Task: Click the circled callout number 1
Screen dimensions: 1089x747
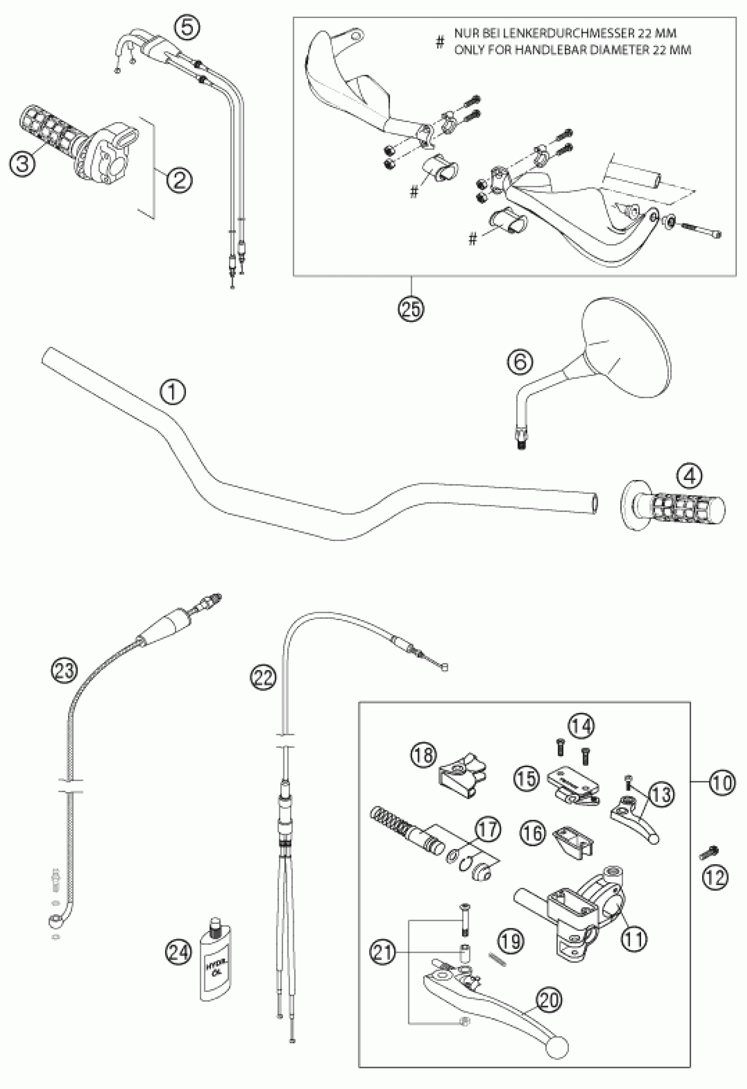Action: pyautogui.click(x=172, y=392)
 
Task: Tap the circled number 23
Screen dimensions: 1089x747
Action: pyautogui.click(x=64, y=670)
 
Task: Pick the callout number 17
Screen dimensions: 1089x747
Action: pyautogui.click(x=488, y=829)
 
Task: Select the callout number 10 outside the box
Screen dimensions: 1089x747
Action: pyautogui.click(x=722, y=782)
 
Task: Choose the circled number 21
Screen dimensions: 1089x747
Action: pyautogui.click(x=383, y=952)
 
